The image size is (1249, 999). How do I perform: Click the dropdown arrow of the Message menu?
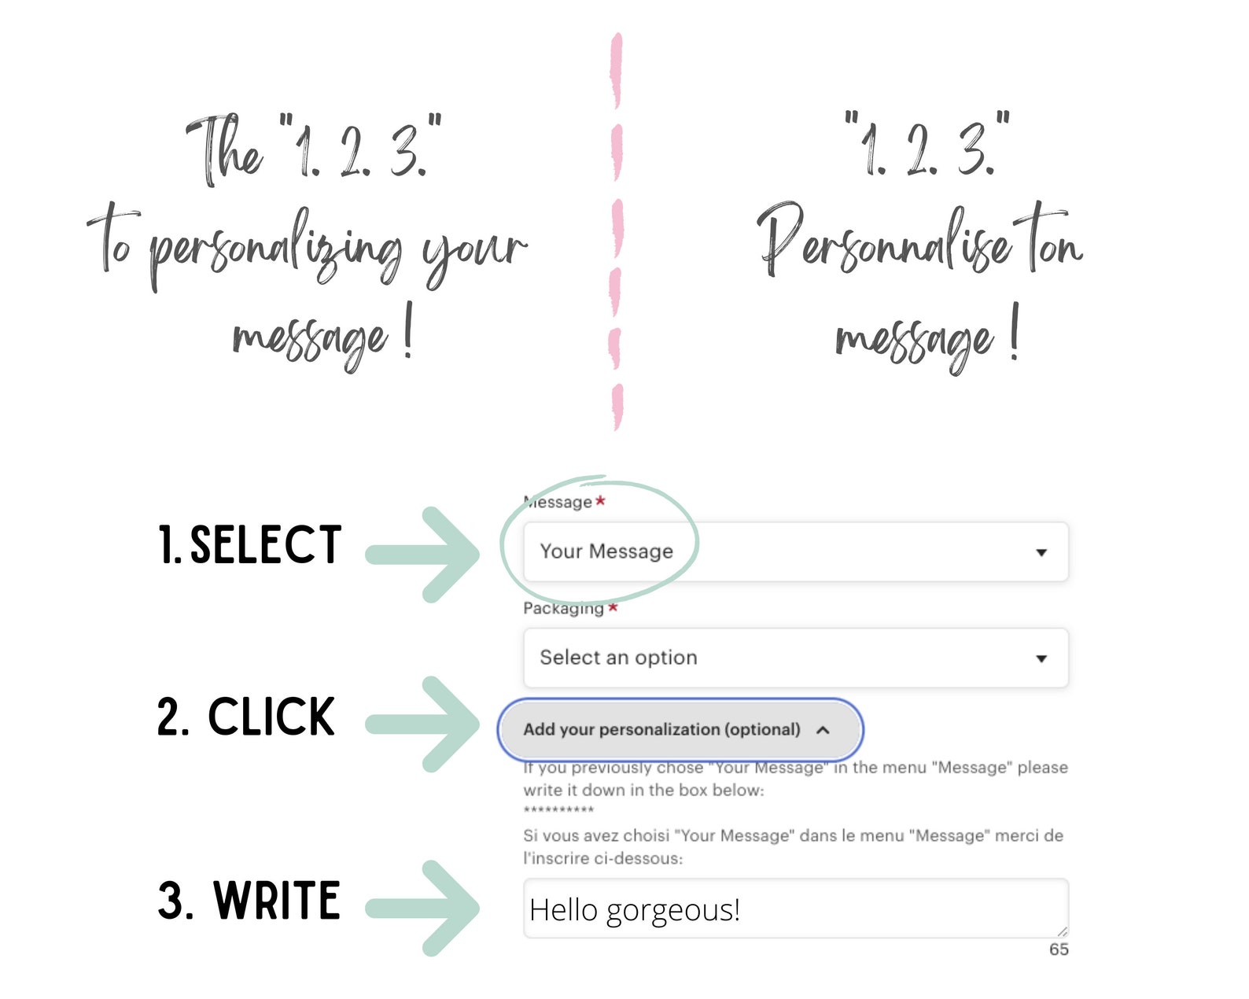pyautogui.click(x=1041, y=553)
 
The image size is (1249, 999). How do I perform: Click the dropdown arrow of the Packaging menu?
pyautogui.click(x=1041, y=659)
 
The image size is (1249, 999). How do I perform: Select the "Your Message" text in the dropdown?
pyautogui.click(x=606, y=551)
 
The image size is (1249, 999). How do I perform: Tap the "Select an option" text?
pyautogui.click(x=618, y=657)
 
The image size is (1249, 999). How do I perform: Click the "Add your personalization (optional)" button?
pyautogui.click(x=680, y=729)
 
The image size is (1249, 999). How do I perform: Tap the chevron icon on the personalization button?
pyautogui.click(x=823, y=730)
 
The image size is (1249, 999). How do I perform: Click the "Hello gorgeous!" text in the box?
pyautogui.click(x=635, y=910)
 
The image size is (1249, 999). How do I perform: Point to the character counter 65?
pyautogui.click(x=1059, y=949)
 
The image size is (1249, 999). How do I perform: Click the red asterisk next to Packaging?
pyautogui.click(x=613, y=607)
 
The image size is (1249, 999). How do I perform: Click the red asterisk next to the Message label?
pyautogui.click(x=600, y=500)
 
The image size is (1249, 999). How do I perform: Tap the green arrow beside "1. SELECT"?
pyautogui.click(x=422, y=555)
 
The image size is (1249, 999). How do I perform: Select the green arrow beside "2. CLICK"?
pyautogui.click(x=422, y=724)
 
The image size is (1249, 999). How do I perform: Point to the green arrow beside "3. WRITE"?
pyautogui.click(x=422, y=909)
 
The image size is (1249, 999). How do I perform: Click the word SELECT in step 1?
pyautogui.click(x=266, y=544)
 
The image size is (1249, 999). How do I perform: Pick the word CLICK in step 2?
pyautogui.click(x=271, y=717)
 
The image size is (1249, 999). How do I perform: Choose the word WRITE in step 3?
pyautogui.click(x=276, y=900)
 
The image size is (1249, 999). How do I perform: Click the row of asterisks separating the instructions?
pyautogui.click(x=558, y=809)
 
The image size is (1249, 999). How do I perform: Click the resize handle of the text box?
pyautogui.click(x=1062, y=931)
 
